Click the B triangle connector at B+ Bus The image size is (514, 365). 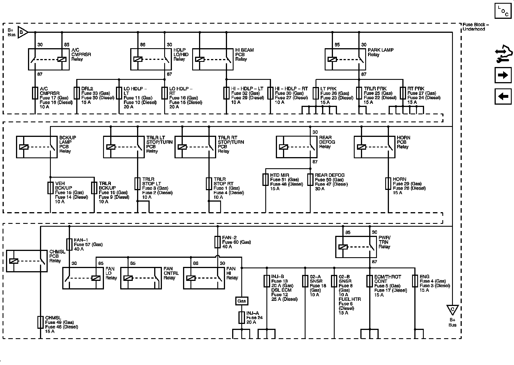click(x=22, y=32)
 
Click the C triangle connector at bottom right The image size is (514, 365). click(x=452, y=310)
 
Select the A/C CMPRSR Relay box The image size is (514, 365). click(x=49, y=59)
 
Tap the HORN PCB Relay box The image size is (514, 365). click(x=374, y=147)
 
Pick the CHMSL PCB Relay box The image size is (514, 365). click(x=27, y=261)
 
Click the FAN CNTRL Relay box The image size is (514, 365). click(x=141, y=278)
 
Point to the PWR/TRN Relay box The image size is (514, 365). click(x=356, y=247)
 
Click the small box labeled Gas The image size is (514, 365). click(x=242, y=301)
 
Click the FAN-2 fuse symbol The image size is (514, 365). click(x=217, y=242)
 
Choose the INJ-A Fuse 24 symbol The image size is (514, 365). click(x=242, y=317)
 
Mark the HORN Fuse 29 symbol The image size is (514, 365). click(x=388, y=184)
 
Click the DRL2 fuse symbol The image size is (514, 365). click(x=77, y=93)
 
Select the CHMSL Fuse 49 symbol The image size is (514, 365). click(x=41, y=322)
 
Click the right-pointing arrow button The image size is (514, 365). click(x=503, y=75)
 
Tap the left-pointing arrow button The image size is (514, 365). click(x=503, y=96)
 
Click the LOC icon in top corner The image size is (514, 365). click(x=503, y=12)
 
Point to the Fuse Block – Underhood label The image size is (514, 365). click(x=476, y=27)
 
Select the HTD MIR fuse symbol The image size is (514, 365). click(x=266, y=179)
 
